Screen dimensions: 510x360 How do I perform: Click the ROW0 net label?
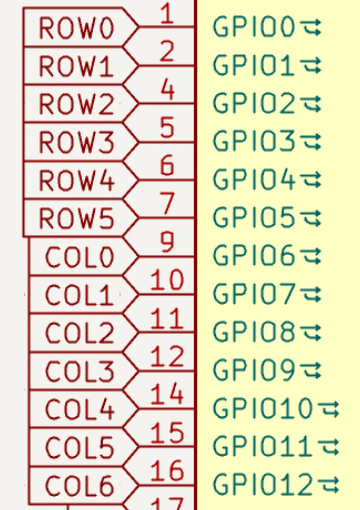(76, 28)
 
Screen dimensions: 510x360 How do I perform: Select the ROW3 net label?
(76, 142)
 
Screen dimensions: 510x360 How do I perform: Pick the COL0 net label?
(80, 257)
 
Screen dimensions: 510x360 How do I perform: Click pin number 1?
(167, 14)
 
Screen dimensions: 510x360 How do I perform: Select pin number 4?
(167, 90)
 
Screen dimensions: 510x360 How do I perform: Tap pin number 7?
(167, 204)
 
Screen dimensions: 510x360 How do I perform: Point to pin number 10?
(167, 280)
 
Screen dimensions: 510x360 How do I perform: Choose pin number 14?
(167, 394)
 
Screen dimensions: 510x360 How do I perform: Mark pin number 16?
(167, 470)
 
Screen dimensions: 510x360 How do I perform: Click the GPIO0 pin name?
(254, 27)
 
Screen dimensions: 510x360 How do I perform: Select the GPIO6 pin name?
(254, 256)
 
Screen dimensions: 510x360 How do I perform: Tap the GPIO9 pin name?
(254, 370)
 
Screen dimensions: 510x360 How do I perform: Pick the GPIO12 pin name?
(263, 484)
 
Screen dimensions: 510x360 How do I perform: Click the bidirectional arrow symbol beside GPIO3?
(311, 142)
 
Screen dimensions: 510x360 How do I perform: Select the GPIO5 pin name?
(254, 218)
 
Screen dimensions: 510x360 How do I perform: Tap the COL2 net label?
(80, 333)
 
